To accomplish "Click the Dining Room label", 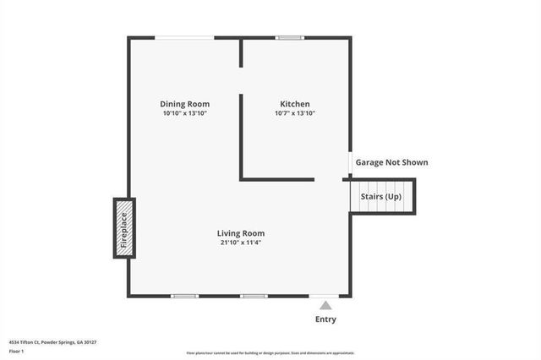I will pyautogui.click(x=185, y=104).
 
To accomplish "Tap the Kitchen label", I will pyautogui.click(x=295, y=104).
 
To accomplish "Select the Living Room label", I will pyautogui.click(x=241, y=233).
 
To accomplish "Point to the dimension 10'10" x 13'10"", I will pyautogui.click(x=185, y=113).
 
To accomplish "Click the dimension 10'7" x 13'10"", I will pyautogui.click(x=295, y=113).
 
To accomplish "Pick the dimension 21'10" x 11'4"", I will pyautogui.click(x=241, y=243).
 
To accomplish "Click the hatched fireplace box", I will pyautogui.click(x=124, y=228).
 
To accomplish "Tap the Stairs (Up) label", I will pyautogui.click(x=381, y=197).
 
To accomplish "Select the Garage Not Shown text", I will pyautogui.click(x=391, y=162).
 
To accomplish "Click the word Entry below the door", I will pyautogui.click(x=325, y=319).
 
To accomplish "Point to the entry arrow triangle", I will pyautogui.click(x=325, y=305).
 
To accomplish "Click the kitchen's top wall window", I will pyautogui.click(x=290, y=37).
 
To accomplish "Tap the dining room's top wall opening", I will pyautogui.click(x=184, y=37).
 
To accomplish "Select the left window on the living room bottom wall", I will pyautogui.click(x=184, y=296).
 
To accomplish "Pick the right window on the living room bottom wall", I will pyautogui.click(x=254, y=296).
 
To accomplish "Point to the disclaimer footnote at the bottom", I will pyautogui.click(x=270, y=353).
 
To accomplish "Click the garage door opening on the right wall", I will pyautogui.click(x=350, y=161).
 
